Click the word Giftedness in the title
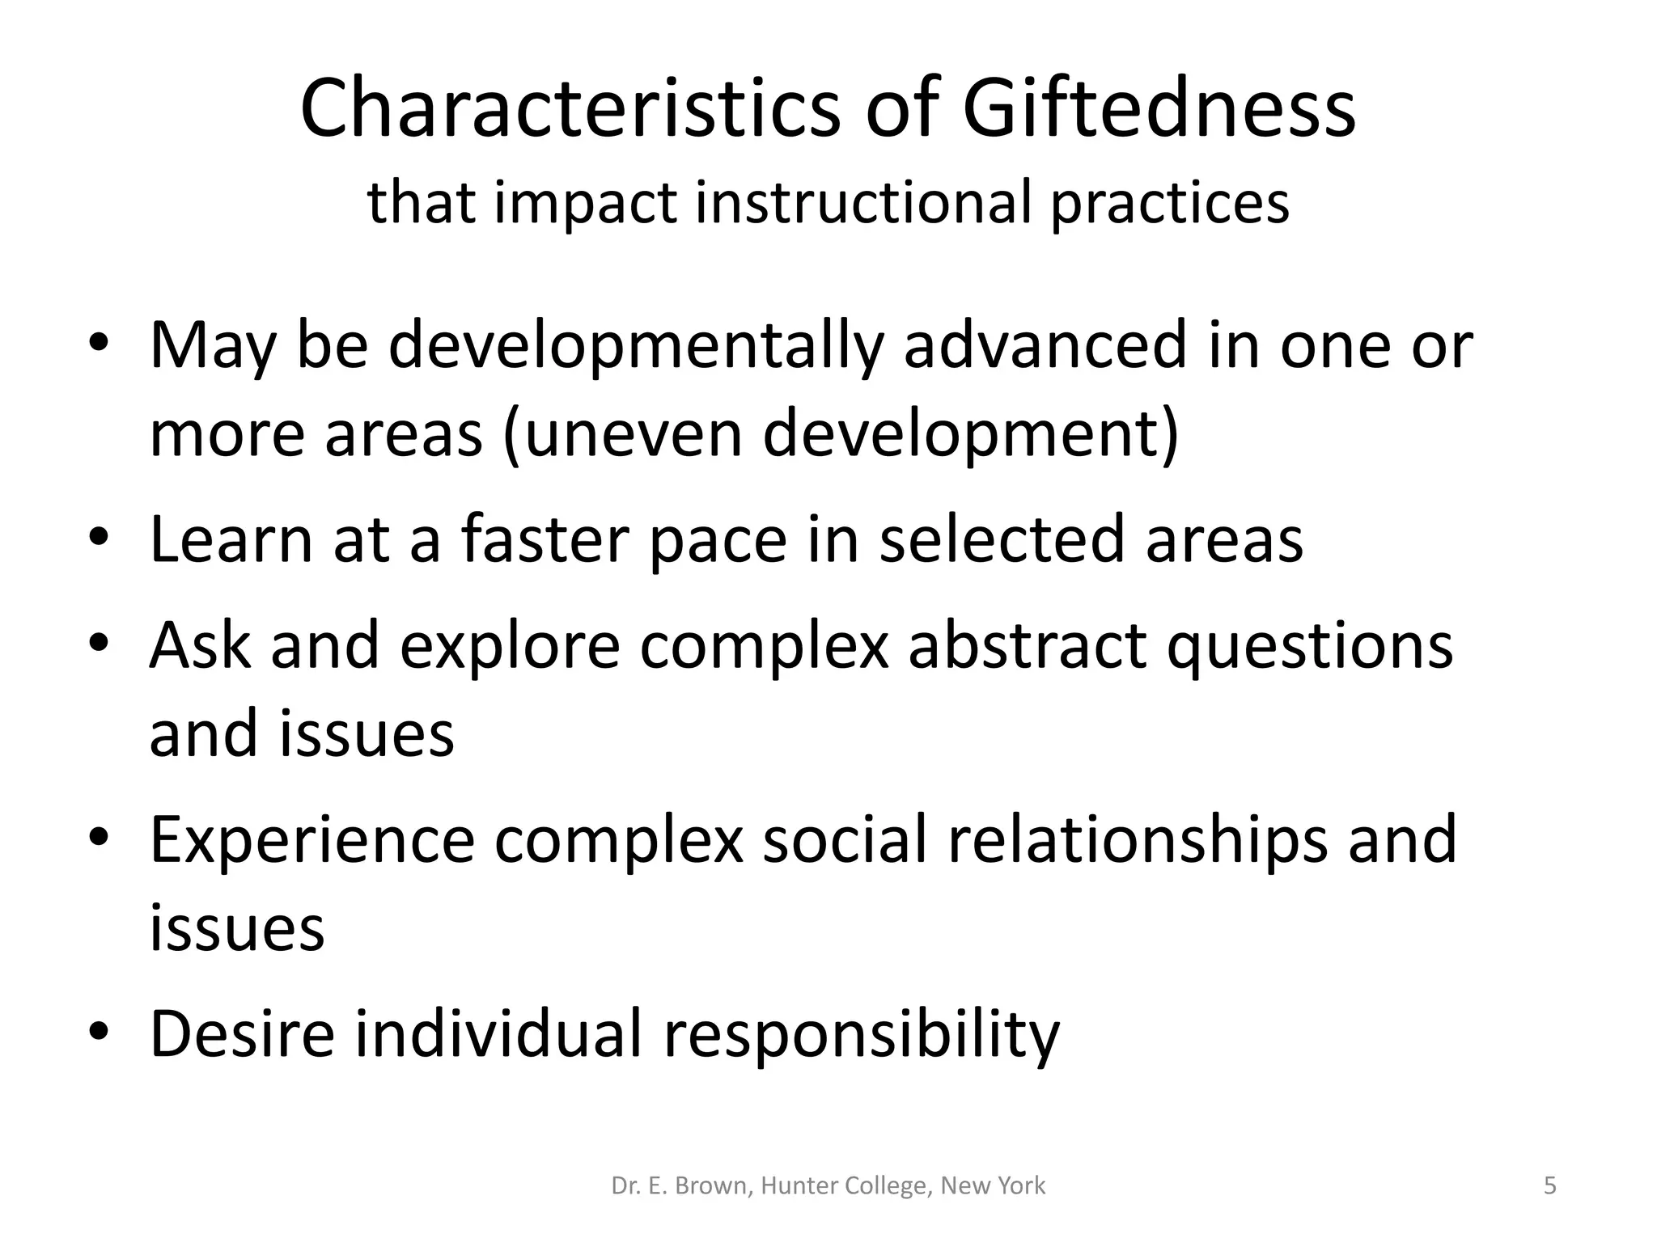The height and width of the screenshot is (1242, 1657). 1159,109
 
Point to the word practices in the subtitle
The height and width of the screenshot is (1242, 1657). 1169,204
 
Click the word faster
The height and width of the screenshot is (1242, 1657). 544,539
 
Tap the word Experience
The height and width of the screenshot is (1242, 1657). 312,841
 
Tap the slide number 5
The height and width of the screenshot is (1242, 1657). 1549,1185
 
